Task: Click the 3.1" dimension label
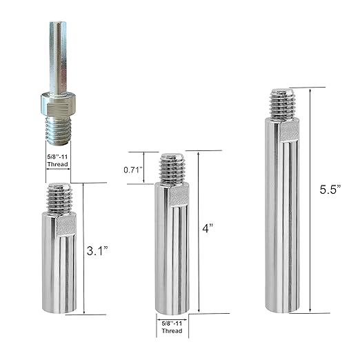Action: [x=97, y=251]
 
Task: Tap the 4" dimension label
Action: [x=208, y=228]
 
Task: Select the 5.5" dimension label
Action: [x=330, y=190]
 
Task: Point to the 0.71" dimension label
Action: [x=133, y=170]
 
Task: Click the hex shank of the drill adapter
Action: [x=58, y=57]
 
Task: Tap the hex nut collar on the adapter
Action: [x=59, y=103]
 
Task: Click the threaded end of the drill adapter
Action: [x=59, y=130]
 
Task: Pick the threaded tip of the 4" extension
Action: [x=172, y=169]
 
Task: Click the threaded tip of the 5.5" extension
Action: [x=282, y=105]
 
